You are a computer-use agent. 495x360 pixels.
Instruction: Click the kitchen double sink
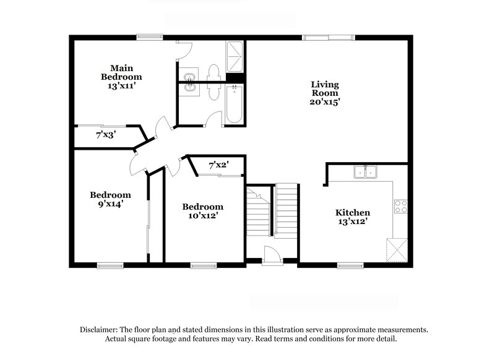point(365,171)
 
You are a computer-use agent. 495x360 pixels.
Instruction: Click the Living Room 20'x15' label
point(325,92)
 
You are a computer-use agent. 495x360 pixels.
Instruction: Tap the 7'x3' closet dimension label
point(106,134)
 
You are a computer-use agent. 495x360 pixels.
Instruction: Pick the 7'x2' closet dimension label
point(218,165)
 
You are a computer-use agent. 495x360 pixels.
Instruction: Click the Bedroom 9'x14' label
point(110,199)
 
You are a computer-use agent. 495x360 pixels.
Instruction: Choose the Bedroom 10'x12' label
point(202,211)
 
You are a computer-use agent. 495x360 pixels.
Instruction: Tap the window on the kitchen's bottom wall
point(350,266)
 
